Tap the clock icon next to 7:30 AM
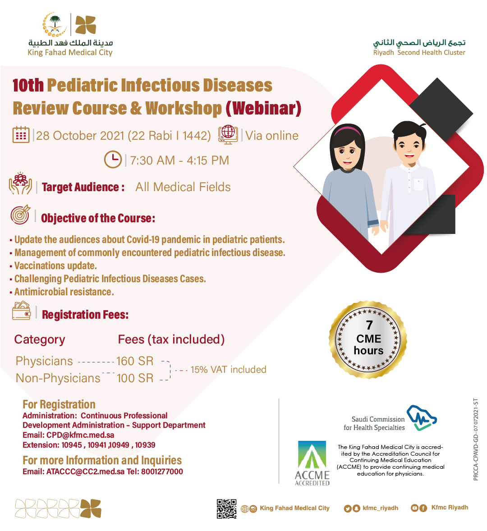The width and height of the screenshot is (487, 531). click(x=113, y=160)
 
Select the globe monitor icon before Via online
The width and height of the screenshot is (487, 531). click(x=228, y=135)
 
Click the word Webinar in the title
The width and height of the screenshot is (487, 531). click(x=263, y=108)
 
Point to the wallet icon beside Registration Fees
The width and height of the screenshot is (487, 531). click(x=21, y=311)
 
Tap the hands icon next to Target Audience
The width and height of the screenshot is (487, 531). click(x=20, y=183)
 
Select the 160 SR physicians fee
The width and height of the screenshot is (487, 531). click(x=135, y=361)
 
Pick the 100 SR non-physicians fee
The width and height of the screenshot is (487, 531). click(x=135, y=378)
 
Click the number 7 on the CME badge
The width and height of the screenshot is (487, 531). click(x=369, y=325)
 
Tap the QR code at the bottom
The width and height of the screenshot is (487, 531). click(x=226, y=508)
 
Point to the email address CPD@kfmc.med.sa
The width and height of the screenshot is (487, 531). click(x=80, y=435)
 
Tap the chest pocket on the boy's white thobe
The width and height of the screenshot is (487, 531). click(x=418, y=184)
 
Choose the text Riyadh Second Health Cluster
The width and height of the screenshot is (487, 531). click(x=419, y=52)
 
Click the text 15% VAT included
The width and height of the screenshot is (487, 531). click(x=228, y=370)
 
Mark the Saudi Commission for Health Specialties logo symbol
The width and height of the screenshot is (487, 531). click(x=421, y=417)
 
